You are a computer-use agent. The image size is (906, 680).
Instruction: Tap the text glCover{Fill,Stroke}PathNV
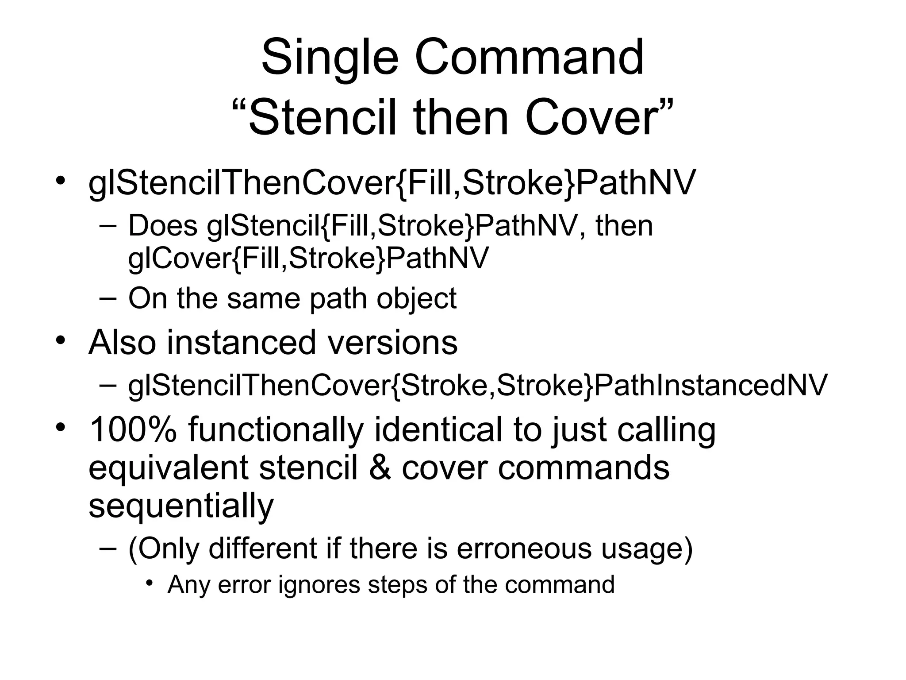coord(308,258)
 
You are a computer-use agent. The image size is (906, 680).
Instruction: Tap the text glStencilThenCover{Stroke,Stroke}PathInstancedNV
coord(477,385)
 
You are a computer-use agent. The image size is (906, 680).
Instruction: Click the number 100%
coord(133,429)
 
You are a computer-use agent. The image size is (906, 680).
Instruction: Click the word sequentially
coord(181,506)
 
